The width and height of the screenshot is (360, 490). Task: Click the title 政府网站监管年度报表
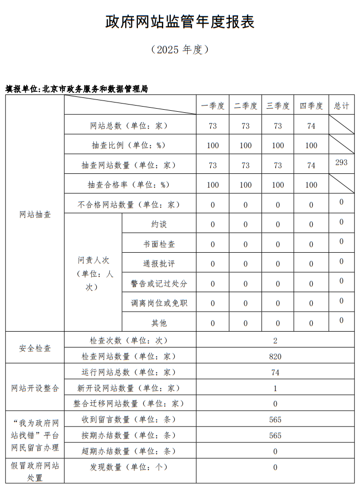[x=180, y=22]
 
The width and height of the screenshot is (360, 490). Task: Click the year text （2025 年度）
[x=179, y=50]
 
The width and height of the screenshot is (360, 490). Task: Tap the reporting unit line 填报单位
[x=77, y=89]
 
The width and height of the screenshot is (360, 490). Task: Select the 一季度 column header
[x=213, y=106]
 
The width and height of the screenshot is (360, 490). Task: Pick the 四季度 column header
[x=311, y=106]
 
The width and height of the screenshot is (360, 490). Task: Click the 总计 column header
[x=342, y=106]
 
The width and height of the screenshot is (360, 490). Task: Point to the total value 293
[x=342, y=162]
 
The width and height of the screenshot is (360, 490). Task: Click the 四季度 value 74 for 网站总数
[x=311, y=126]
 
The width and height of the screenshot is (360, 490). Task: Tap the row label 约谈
[x=159, y=224]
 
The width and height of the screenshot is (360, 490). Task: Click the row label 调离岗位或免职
[x=159, y=303]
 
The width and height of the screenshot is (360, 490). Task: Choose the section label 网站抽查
[x=35, y=215]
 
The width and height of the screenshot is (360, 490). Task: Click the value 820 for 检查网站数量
[x=275, y=357]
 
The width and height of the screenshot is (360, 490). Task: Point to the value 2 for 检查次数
[x=275, y=341]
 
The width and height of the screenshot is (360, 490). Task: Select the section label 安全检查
[x=35, y=349]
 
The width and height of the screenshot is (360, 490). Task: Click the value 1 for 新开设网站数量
[x=275, y=389]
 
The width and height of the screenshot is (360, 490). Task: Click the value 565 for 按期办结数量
[x=275, y=436]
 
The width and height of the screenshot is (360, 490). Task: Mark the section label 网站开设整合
[x=35, y=389]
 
